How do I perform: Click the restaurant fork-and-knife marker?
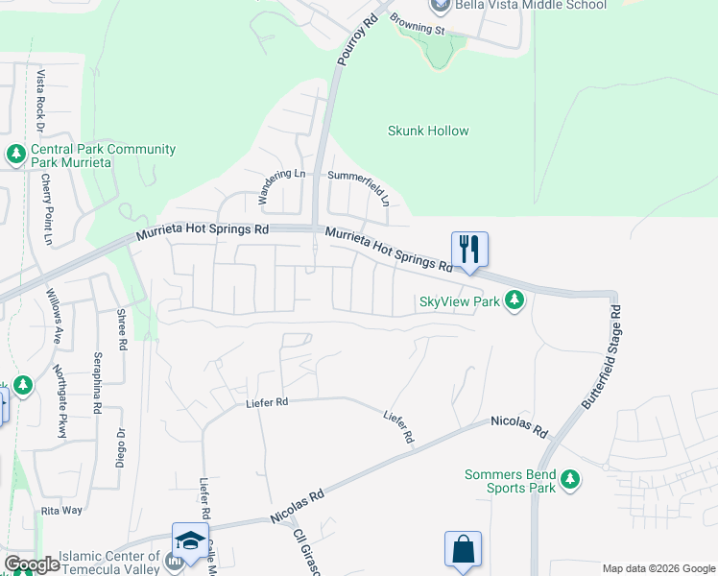click(469, 249)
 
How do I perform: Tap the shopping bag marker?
click(463, 549)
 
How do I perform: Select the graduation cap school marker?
click(190, 540)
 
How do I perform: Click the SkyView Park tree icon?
click(515, 301)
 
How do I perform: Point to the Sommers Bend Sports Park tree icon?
click(570, 478)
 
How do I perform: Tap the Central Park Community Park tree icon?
click(16, 154)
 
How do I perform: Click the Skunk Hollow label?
click(428, 131)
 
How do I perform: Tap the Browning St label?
click(419, 30)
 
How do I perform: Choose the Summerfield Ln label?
click(358, 182)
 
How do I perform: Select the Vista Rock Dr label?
click(40, 100)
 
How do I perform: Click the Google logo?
click(32, 564)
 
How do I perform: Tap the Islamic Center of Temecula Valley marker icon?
click(175, 560)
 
